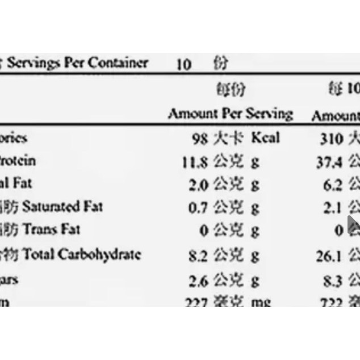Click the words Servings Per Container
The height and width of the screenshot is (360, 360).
77,63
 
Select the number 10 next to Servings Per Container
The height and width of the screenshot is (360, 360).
183,64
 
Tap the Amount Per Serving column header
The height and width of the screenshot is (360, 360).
230,114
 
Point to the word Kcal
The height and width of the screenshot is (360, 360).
266,138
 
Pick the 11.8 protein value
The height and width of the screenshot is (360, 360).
195,162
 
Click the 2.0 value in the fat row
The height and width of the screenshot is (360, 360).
198,185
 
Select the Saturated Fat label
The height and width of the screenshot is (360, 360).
62,207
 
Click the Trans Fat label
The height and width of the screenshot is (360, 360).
51,230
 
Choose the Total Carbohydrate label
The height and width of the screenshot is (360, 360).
81,254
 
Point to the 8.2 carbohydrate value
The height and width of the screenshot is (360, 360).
198,256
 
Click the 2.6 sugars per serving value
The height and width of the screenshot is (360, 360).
198,281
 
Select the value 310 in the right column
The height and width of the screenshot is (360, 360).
332,139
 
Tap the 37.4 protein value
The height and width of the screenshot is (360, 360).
329,162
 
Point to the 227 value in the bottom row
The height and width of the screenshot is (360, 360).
196,302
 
